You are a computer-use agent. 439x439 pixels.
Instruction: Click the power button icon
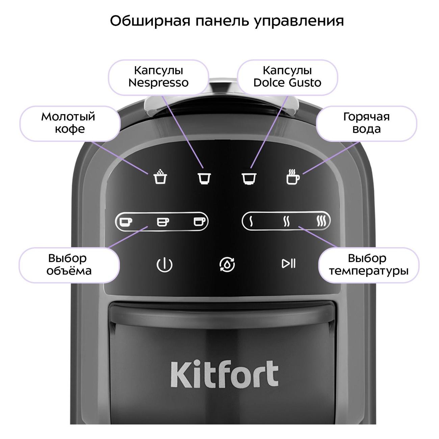coord(164,265)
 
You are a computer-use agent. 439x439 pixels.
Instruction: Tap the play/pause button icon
coord(289,264)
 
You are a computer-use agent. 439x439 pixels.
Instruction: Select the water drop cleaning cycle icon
coord(227,264)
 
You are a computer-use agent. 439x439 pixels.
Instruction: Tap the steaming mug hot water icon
coord(293,176)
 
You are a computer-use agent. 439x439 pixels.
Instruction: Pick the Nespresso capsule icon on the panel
coord(204,178)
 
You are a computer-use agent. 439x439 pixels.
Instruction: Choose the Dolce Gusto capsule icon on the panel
coord(249,178)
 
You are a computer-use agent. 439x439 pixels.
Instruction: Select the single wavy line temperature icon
coord(251,221)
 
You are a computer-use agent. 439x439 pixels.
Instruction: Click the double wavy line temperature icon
coord(286,221)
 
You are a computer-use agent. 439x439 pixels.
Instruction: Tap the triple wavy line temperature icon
coord(321,221)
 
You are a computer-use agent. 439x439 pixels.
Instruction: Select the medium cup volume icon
coord(163,222)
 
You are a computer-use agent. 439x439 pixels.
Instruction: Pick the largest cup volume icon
coord(200,222)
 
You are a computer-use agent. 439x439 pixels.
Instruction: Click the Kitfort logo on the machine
coord(225,375)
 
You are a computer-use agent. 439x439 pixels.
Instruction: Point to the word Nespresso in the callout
coord(159,83)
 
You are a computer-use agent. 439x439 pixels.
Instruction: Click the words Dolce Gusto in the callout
coord(287,83)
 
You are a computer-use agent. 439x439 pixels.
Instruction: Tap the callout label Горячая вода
coord(366,123)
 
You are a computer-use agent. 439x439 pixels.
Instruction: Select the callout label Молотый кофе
coord(68,123)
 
